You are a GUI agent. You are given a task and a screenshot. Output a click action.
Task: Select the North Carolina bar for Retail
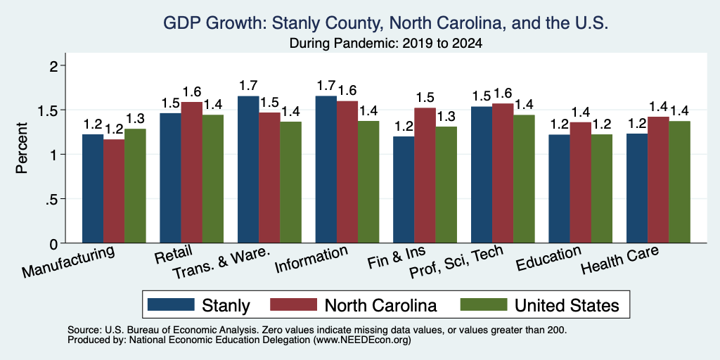tap(191, 172)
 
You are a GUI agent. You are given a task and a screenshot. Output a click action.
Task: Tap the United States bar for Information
tap(368, 182)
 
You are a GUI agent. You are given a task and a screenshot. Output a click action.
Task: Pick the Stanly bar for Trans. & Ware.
tap(248, 169)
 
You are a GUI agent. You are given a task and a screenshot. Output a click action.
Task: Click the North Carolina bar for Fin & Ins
tap(425, 175)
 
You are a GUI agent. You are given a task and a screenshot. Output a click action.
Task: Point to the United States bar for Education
tap(602, 188)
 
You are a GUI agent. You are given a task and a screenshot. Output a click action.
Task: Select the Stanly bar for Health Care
tap(637, 188)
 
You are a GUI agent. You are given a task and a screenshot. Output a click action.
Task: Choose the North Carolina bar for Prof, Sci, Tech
tap(503, 173)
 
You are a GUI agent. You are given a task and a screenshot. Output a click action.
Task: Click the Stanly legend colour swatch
tap(171, 304)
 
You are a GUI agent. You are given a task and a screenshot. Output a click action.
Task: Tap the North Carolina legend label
tap(380, 305)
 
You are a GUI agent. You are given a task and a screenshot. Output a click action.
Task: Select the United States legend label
tap(567, 305)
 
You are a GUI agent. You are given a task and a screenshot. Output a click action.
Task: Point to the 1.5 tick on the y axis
tap(63, 110)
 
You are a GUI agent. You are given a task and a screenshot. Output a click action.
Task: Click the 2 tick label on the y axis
tap(55, 66)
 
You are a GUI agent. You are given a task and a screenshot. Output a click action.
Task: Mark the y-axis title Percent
tap(22, 148)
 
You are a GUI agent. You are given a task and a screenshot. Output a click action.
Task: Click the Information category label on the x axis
tap(311, 259)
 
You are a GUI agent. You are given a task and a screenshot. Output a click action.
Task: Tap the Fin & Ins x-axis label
tap(397, 257)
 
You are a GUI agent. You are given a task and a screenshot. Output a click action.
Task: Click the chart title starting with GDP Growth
tap(386, 23)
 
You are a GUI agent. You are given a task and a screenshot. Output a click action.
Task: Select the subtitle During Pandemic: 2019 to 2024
tap(386, 44)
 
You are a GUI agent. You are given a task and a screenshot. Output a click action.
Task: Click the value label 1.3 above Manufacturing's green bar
tap(135, 119)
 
